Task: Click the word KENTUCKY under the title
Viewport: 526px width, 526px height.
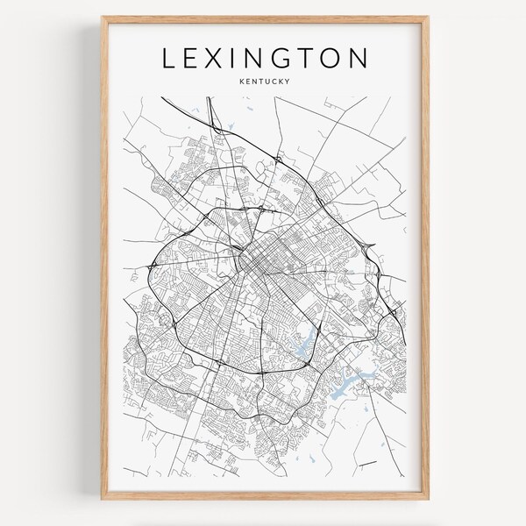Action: coord(264,83)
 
